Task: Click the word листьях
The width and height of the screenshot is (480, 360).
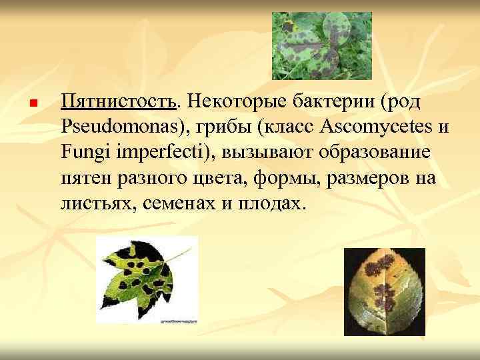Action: [x=97, y=203]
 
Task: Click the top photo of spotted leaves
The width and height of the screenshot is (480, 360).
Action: [x=321, y=46]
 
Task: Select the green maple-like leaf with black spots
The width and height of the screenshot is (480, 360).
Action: [x=147, y=279]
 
